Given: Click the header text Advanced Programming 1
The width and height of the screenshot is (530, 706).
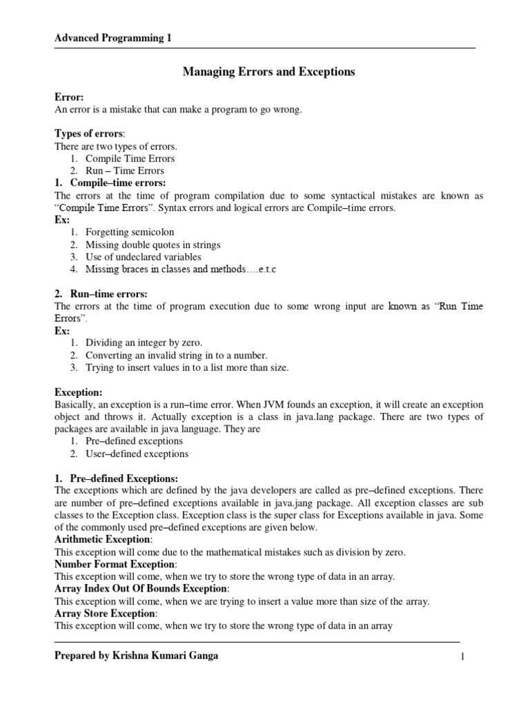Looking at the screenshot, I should click(113, 39).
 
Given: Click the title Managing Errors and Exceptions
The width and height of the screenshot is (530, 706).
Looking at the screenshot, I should click(268, 72).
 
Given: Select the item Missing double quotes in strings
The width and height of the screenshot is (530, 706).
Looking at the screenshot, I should click(153, 245).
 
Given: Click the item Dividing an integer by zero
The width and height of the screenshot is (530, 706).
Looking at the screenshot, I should click(144, 343).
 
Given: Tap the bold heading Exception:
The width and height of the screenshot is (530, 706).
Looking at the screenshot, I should click(79, 392).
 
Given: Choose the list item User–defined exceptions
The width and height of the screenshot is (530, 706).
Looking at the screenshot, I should click(137, 454).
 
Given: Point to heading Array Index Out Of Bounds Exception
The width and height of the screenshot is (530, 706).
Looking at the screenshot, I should click(140, 589).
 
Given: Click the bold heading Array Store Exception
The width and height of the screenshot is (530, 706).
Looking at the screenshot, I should click(106, 613).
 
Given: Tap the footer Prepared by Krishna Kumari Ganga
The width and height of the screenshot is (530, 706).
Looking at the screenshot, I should click(136, 656).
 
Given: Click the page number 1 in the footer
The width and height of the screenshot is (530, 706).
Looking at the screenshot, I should click(462, 657).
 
